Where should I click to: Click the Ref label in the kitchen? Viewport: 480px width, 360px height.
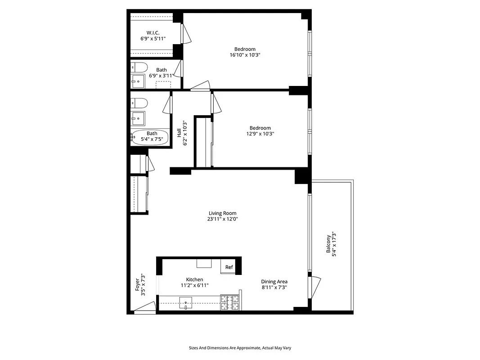point(229,267)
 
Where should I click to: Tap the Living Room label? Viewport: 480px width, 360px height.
point(222,213)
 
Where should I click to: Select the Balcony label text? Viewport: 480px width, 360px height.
point(329,245)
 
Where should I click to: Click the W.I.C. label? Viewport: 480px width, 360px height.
point(153,32)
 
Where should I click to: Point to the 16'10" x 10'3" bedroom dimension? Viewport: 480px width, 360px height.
point(245,55)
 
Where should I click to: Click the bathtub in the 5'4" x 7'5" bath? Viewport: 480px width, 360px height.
point(150,137)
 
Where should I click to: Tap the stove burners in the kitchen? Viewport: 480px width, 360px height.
point(229,302)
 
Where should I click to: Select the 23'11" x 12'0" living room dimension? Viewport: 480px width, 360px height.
point(222,219)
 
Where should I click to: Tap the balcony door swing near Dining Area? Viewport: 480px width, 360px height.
point(315,285)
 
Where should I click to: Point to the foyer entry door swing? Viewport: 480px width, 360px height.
point(145,308)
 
